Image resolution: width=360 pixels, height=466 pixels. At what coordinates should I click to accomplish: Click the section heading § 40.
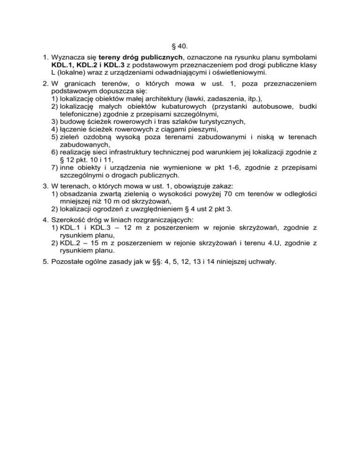pos(180,46)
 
